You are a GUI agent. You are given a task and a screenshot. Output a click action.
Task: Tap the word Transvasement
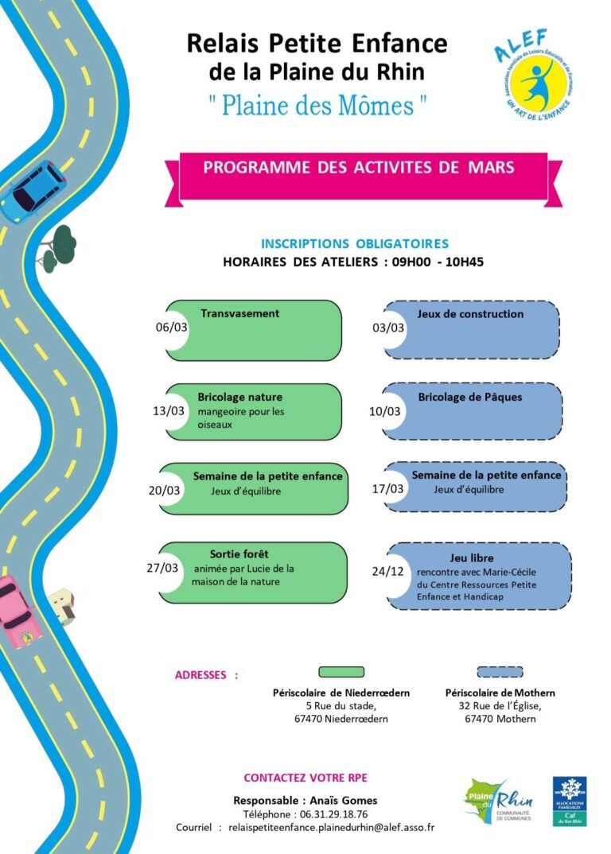click(239, 313)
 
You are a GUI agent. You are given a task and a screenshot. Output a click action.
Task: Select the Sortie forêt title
click(239, 553)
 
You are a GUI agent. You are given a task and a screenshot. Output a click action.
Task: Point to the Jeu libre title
click(472, 558)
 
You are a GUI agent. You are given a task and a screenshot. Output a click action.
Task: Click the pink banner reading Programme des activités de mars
click(359, 168)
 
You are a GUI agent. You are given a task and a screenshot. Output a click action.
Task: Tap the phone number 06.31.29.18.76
click(333, 814)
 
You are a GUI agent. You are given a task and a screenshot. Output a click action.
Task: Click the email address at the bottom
click(331, 828)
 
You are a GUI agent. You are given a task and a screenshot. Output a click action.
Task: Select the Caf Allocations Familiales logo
click(570, 801)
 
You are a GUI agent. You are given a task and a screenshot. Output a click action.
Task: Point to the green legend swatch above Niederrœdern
click(341, 672)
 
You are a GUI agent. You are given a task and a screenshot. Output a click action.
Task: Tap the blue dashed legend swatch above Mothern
click(500, 672)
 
